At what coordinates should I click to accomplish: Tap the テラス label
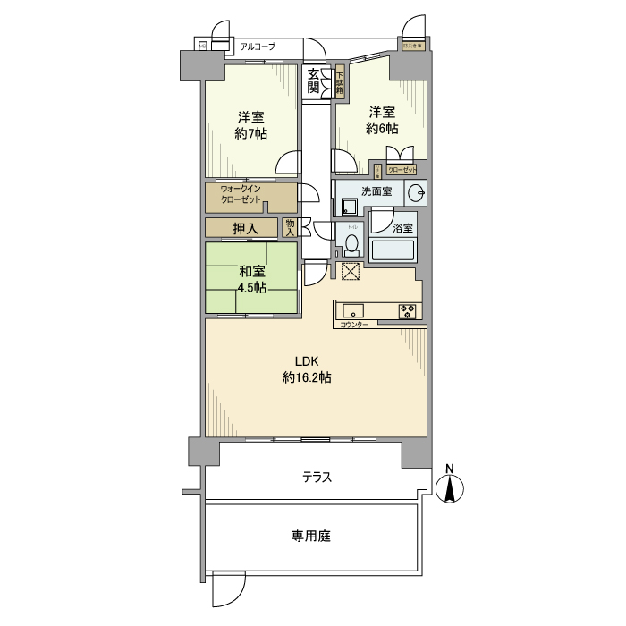(x=317, y=477)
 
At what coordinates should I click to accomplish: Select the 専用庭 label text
(x=310, y=537)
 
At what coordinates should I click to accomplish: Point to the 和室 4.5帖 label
(x=250, y=279)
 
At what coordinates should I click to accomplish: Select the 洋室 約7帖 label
(x=250, y=125)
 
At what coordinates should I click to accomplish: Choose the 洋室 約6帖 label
(x=382, y=120)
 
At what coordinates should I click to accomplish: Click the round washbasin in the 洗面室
(x=416, y=192)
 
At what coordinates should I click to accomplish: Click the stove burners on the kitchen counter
(x=408, y=312)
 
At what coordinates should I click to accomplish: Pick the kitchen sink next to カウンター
(x=352, y=312)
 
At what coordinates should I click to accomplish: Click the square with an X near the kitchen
(x=351, y=273)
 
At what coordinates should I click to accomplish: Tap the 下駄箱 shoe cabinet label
(x=340, y=83)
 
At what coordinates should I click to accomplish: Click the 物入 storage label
(x=290, y=228)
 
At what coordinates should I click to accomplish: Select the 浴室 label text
(x=402, y=228)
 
